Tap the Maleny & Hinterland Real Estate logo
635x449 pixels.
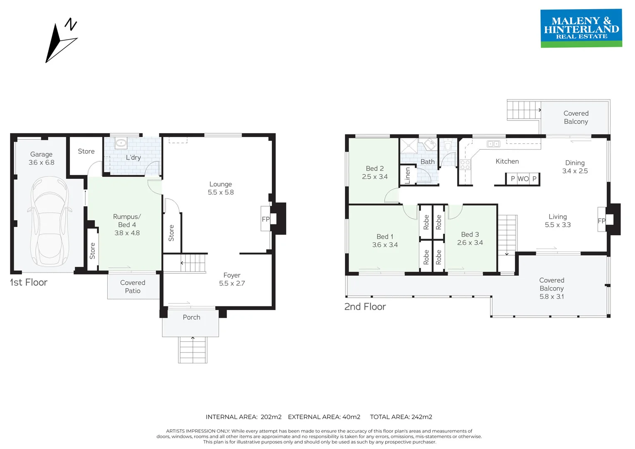point(581,28)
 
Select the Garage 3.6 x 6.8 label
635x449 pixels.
point(41,158)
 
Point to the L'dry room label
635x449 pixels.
point(133,158)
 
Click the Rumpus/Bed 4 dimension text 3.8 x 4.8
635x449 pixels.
point(127,233)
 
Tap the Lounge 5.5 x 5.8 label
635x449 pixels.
point(221,188)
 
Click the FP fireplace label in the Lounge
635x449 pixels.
point(266,219)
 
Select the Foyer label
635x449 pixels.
point(232,275)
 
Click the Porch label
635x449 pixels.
point(192,317)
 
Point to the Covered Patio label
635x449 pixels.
point(133,287)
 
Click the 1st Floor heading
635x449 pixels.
point(29,282)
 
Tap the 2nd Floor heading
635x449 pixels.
point(365,307)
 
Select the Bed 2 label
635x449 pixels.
point(374,168)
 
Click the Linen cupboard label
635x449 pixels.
point(407,175)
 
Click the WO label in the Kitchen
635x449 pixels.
point(523,179)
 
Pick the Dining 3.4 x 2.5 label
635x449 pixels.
point(575,167)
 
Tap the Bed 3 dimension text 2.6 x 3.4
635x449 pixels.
point(470,242)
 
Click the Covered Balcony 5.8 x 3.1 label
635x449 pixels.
point(551,288)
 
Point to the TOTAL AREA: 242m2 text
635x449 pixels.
point(401,417)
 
